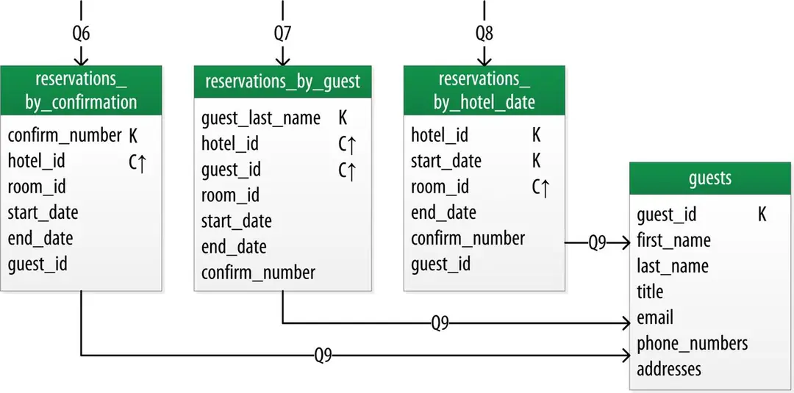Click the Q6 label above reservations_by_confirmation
pos(81,34)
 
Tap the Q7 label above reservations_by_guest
pos(282,34)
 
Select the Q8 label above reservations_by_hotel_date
pos(484,34)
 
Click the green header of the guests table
pos(710,178)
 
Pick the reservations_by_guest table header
pos(282,82)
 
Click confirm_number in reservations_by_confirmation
pos(65,136)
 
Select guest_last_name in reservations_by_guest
pos(261,118)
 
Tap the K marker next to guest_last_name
pos(343,118)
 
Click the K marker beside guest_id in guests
pos(762,214)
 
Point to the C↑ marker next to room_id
pos(541,187)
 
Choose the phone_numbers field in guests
pos(693,344)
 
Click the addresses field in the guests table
pos(669,369)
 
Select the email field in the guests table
pos(655,317)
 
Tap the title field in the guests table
pos(650,292)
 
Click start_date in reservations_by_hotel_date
pos(446,162)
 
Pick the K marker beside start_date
pos(537,162)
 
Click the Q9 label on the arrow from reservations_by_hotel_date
pos(597,243)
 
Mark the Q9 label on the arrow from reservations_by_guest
pos(440,322)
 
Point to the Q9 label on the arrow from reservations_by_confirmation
pos(323,356)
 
